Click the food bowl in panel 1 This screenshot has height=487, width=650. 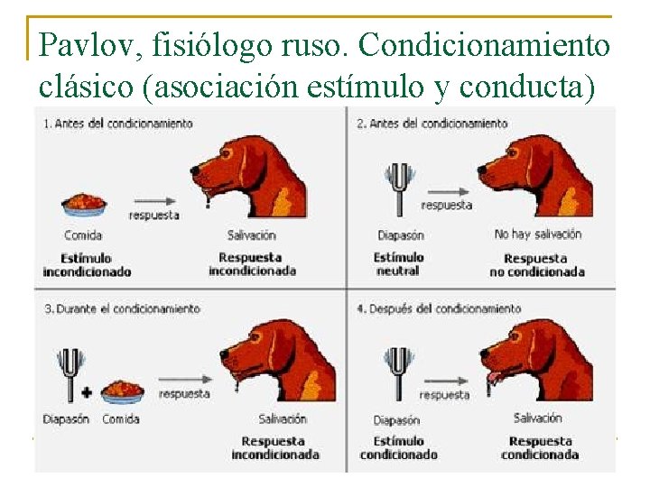coord(84,206)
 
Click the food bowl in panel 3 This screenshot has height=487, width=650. coord(122,391)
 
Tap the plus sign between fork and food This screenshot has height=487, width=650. coord(88,393)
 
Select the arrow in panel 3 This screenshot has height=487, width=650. coord(185,379)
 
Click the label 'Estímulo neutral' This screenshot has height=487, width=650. coord(398,264)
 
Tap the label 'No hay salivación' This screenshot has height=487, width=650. coord(538,234)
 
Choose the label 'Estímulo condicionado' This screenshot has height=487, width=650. coord(398,447)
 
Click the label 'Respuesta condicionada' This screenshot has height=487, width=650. coord(540,447)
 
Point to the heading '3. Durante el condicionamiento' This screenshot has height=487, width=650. coord(121,308)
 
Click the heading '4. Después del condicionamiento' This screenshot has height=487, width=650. coord(439,308)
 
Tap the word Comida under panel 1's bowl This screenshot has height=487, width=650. coord(83,235)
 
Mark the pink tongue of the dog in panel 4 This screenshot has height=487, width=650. coord(494,377)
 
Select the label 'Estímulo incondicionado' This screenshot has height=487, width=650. coord(87,264)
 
